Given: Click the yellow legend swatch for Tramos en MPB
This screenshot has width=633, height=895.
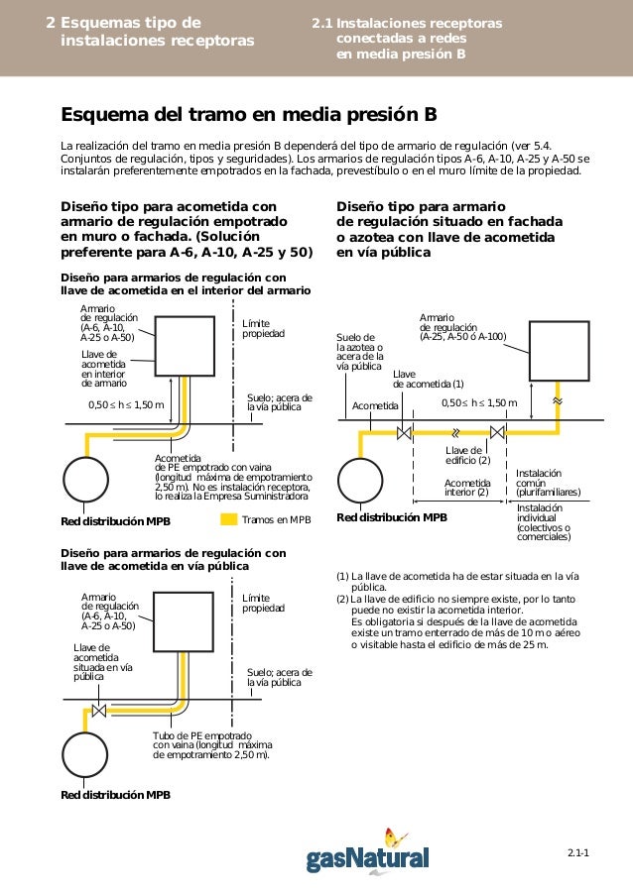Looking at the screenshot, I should click(227, 519).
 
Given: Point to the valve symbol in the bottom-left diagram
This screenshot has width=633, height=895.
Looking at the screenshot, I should click(99, 710).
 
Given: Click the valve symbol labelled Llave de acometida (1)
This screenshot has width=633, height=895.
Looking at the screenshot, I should click(405, 432).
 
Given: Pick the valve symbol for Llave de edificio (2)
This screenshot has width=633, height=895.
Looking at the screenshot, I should click(498, 432).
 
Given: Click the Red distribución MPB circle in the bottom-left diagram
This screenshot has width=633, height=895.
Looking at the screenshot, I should click(88, 758).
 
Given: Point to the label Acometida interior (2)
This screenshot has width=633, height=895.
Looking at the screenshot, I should click(466, 488).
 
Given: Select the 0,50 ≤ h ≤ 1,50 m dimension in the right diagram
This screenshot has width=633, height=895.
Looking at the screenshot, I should click(479, 402).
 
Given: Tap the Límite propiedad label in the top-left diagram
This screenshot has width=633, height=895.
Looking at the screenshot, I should click(263, 329).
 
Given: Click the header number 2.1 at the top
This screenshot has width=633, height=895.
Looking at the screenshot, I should click(319, 23).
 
